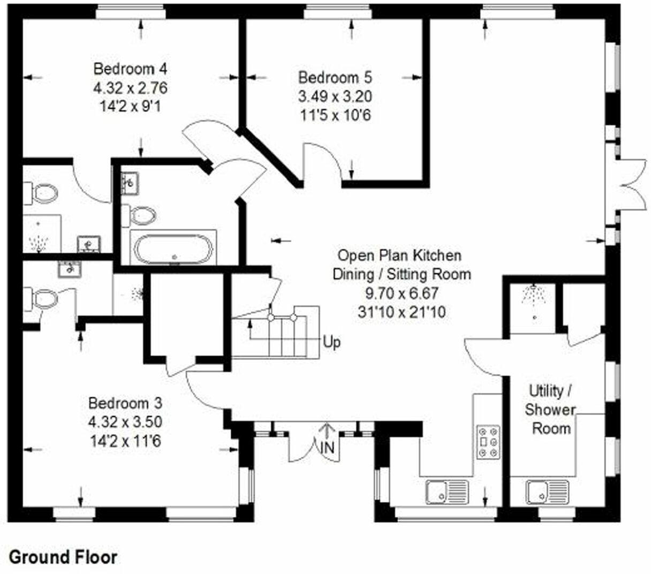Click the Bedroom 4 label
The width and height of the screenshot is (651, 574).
[130, 69]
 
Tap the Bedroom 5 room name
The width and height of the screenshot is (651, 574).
[335, 78]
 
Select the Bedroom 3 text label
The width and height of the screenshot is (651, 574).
[125, 403]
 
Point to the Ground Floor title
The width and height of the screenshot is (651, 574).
[63, 557]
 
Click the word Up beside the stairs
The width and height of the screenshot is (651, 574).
[331, 342]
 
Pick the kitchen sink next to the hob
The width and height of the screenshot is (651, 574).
[446, 491]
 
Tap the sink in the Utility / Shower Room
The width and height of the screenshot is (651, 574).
[547, 491]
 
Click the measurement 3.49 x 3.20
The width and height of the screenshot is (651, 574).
[335, 96]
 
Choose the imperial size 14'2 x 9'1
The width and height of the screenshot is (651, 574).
[130, 106]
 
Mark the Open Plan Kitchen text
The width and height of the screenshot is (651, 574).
[399, 255]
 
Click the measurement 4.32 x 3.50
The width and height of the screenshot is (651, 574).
[125, 422]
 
